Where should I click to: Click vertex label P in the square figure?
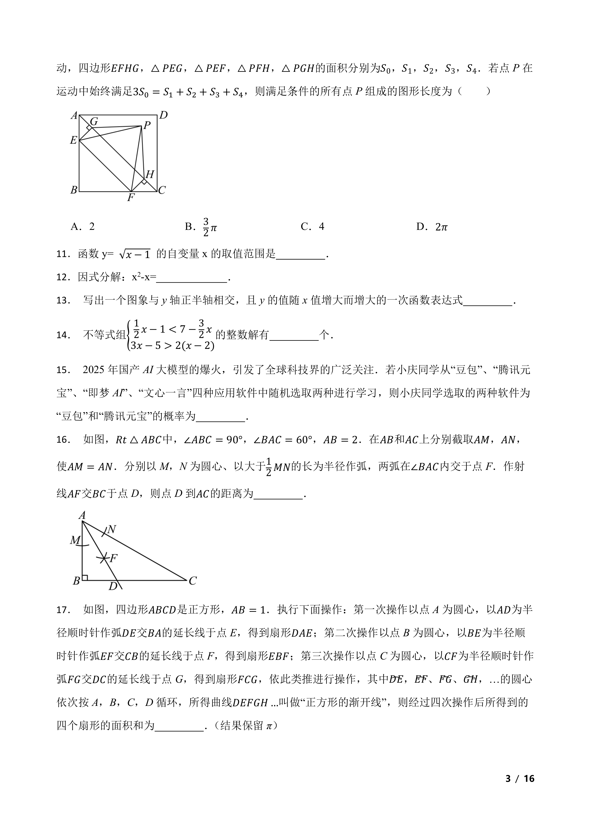point(147,126)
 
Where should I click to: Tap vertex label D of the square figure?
point(163,115)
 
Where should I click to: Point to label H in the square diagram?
point(149,174)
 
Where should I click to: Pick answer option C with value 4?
point(313,227)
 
